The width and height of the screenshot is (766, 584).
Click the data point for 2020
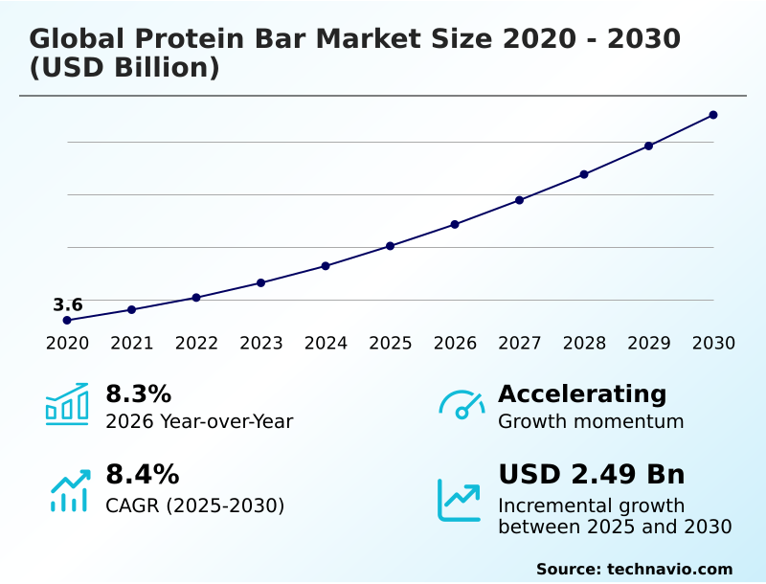pyautogui.click(x=67, y=320)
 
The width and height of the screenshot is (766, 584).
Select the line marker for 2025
pyautogui.click(x=390, y=246)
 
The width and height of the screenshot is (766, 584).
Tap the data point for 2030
pyautogui.click(x=713, y=115)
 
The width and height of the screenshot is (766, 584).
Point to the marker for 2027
pyautogui.click(x=519, y=200)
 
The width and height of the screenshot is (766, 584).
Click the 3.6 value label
pyautogui.click(x=67, y=304)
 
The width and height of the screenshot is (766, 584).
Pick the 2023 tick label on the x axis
pyautogui.click(x=260, y=344)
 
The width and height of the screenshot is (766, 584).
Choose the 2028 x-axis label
pyautogui.click(x=584, y=344)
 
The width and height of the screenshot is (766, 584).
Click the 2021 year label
pyautogui.click(x=131, y=344)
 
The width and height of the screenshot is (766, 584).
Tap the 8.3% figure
pyautogui.click(x=138, y=393)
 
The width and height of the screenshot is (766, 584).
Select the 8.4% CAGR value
pyautogui.click(x=142, y=474)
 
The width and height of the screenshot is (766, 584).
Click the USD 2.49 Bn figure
pyautogui.click(x=591, y=474)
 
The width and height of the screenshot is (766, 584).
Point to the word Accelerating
pyautogui.click(x=581, y=393)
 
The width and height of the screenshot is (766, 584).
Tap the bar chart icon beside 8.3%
pyautogui.click(x=67, y=404)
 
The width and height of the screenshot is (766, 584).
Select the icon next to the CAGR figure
pyautogui.click(x=69, y=489)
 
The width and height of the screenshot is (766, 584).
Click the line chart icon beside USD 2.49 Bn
pyautogui.click(x=460, y=500)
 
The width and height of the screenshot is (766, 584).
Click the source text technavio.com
pyautogui.click(x=669, y=569)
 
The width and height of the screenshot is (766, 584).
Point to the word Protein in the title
pyautogui.click(x=183, y=39)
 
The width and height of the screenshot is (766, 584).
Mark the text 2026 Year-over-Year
pyautogui.click(x=199, y=421)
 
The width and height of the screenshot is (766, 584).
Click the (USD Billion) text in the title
pyautogui.click(x=124, y=69)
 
